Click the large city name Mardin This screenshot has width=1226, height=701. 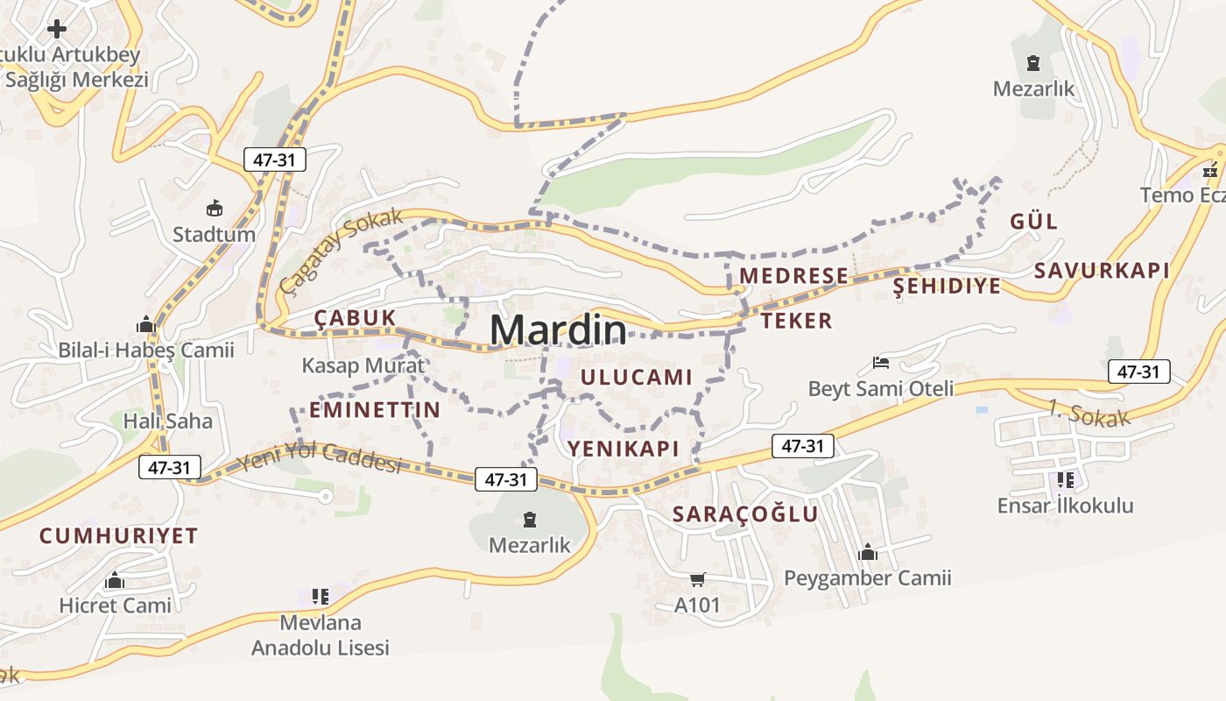(558, 329)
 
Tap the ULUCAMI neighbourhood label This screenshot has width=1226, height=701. (637, 378)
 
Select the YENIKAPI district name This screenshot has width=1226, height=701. (624, 449)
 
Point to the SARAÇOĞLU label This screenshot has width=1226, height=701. (745, 514)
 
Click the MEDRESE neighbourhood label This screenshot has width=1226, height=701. (793, 276)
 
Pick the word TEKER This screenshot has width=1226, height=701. (796, 321)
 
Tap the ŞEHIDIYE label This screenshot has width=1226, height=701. (947, 287)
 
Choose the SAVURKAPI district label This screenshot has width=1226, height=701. (1102, 271)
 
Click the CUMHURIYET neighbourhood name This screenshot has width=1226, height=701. (119, 535)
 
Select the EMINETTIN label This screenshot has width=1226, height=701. (375, 409)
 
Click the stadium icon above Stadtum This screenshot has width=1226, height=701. (214, 209)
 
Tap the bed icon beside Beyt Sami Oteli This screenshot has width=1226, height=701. (881, 363)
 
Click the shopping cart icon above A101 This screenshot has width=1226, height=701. (697, 579)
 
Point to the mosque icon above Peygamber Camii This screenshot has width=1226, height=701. (868, 552)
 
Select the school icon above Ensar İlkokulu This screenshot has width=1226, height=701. (1065, 479)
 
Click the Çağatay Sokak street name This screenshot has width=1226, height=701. (342, 251)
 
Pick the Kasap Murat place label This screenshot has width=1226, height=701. (363, 365)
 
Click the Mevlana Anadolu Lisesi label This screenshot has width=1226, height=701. (321, 635)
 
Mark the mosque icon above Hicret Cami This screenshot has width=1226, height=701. (115, 580)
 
